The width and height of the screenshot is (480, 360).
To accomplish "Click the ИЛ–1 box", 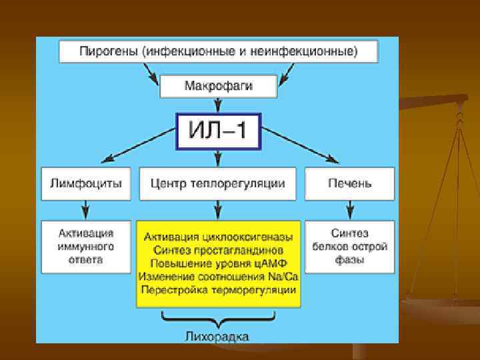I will (x=218, y=131).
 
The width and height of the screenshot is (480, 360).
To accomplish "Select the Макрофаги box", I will (x=218, y=85).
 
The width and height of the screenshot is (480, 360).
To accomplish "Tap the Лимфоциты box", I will (x=86, y=183).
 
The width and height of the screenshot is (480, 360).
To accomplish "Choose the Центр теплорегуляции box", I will (x=218, y=183).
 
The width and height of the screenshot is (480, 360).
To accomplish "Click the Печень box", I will (x=349, y=183).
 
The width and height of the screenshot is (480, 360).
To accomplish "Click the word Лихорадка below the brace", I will (x=218, y=336).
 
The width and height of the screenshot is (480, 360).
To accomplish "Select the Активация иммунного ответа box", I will (x=86, y=246).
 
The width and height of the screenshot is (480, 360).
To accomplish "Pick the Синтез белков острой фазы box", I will (x=349, y=246).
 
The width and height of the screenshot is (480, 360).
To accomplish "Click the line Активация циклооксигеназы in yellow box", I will (x=218, y=237).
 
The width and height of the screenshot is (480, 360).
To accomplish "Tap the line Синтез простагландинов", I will (x=218, y=250).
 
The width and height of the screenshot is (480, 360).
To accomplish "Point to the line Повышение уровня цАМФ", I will (x=218, y=263).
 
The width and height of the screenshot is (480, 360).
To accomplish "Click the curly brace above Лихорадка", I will (x=218, y=319).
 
